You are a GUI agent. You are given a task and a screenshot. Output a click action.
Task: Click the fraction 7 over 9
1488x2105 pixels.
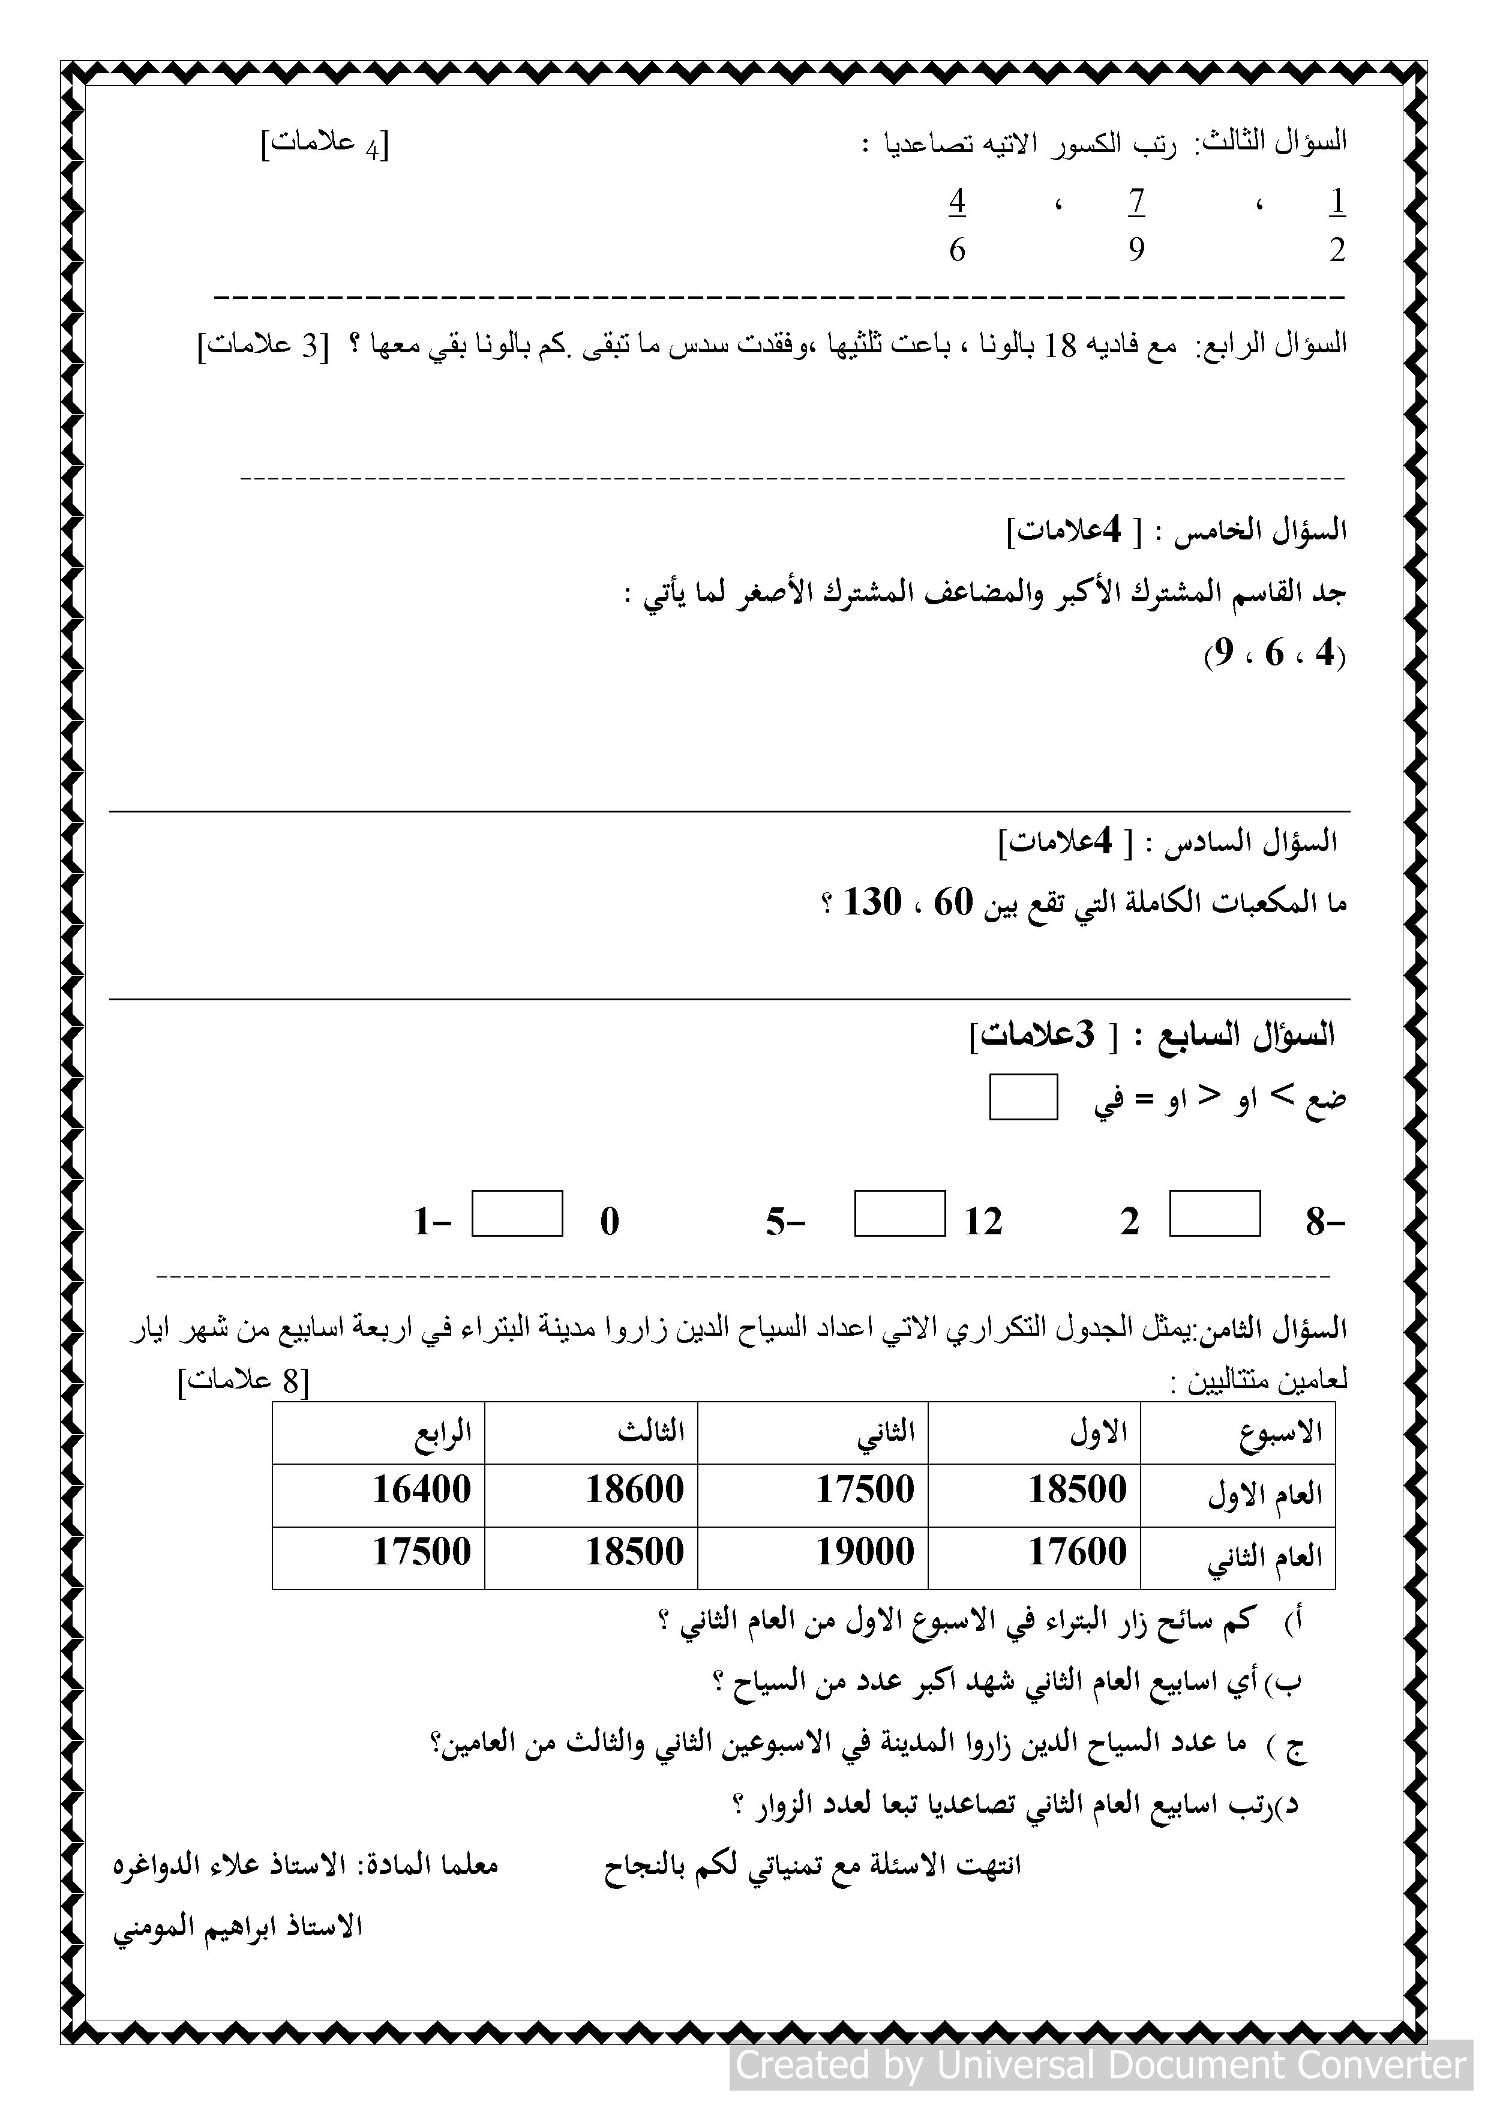[1137, 224]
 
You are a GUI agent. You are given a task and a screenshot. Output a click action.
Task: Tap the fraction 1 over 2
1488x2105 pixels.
[1337, 224]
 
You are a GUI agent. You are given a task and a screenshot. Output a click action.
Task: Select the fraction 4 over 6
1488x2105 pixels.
[957, 224]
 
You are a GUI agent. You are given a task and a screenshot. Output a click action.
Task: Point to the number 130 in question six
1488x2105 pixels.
[872, 902]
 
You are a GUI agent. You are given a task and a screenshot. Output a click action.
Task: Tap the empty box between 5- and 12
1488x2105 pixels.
[899, 1213]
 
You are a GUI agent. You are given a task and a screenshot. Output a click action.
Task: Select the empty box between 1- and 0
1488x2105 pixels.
[517, 1213]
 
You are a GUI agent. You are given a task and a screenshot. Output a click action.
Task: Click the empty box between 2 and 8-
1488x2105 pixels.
[1215, 1213]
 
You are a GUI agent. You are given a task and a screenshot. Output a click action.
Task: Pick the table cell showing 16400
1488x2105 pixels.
[422, 1489]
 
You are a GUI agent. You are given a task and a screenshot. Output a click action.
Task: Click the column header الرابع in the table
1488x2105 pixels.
[444, 1431]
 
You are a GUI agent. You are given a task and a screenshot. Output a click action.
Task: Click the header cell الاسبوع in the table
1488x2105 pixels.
[1281, 1431]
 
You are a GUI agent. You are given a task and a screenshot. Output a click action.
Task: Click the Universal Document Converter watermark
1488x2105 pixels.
[1101, 2065]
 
